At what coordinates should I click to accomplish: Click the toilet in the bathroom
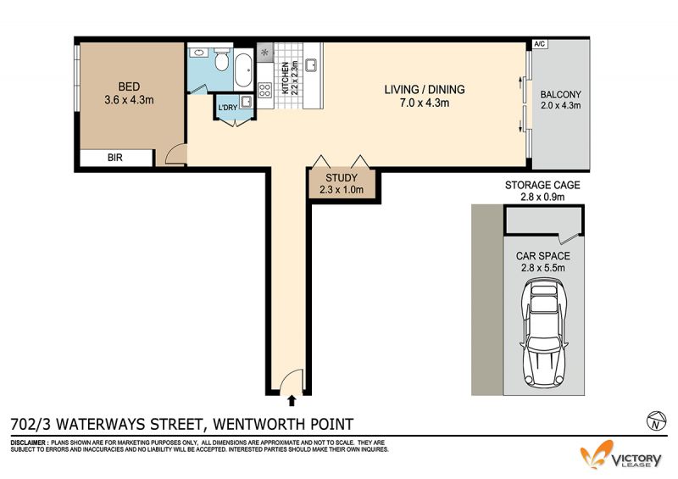(x=221, y=59)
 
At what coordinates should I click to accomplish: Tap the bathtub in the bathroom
(x=243, y=70)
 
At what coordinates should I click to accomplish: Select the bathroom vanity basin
(x=199, y=53)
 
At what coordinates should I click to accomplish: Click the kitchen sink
(x=311, y=64)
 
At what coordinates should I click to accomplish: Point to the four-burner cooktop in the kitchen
(x=265, y=90)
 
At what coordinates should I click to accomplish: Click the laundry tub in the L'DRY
(x=247, y=102)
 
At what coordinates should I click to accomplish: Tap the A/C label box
(x=540, y=44)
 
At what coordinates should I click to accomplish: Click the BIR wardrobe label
(x=115, y=158)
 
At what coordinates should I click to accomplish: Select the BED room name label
(x=129, y=86)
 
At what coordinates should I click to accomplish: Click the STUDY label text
(x=342, y=178)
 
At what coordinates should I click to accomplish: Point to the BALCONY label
(x=560, y=94)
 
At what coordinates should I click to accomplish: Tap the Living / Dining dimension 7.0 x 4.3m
(x=425, y=103)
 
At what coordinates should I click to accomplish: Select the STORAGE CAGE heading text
(x=542, y=185)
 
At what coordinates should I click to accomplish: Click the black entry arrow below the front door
(x=292, y=400)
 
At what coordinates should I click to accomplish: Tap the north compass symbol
(x=655, y=421)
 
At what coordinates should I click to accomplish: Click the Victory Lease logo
(x=621, y=454)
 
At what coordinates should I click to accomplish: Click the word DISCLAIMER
(x=29, y=443)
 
